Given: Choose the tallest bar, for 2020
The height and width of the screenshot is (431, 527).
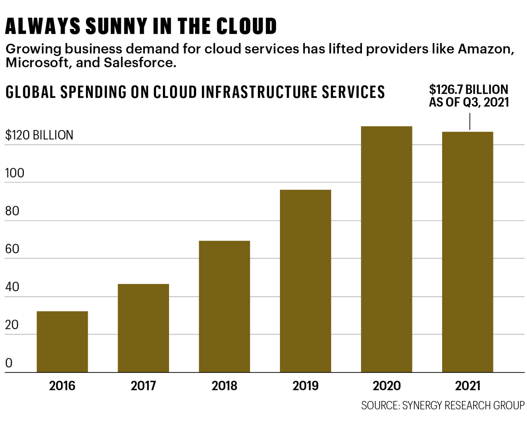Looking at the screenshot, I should click(386, 249).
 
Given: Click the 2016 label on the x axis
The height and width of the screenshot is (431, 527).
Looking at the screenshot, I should click(62, 386).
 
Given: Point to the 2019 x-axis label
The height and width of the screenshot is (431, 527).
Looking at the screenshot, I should click(305, 386).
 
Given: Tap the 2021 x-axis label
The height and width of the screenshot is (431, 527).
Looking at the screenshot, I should click(467, 386).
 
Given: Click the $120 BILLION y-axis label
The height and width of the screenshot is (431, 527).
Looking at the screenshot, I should click(39, 135).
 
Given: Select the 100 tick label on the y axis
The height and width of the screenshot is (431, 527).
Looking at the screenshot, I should click(15, 173).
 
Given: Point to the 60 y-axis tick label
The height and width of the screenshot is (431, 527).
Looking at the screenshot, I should click(12, 249).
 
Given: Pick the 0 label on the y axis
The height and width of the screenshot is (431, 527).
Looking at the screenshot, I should click(9, 363).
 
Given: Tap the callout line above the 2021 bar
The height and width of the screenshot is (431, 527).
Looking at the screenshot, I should click(470, 122).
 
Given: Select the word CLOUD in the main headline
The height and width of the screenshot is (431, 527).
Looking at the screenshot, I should click(246, 26).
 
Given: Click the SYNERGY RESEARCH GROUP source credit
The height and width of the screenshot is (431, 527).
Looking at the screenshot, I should click(463, 405).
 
